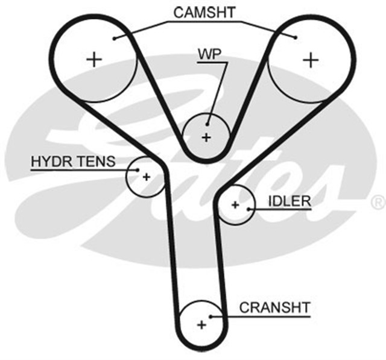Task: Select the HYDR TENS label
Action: [x=69, y=162]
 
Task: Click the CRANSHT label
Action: [x=274, y=307]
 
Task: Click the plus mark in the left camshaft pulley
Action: [x=93, y=59]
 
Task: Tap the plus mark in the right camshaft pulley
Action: [x=310, y=59]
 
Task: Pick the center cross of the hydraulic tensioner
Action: [x=145, y=177]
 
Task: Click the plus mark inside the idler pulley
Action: [x=235, y=205]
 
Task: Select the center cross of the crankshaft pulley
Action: [x=201, y=324]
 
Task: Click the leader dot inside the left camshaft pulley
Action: [x=114, y=38]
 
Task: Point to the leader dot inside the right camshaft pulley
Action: [x=296, y=38]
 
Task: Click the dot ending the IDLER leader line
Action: [x=248, y=209]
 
